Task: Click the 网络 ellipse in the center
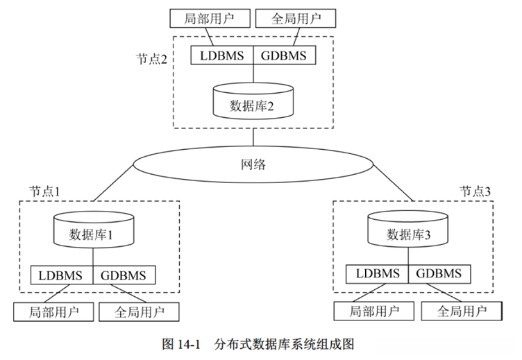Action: (x=253, y=165)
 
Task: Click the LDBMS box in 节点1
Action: (x=61, y=275)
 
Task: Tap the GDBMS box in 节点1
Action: (x=124, y=275)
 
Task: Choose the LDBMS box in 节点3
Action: (x=378, y=274)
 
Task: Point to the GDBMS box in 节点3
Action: (x=440, y=274)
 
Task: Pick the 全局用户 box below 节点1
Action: (x=138, y=311)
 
